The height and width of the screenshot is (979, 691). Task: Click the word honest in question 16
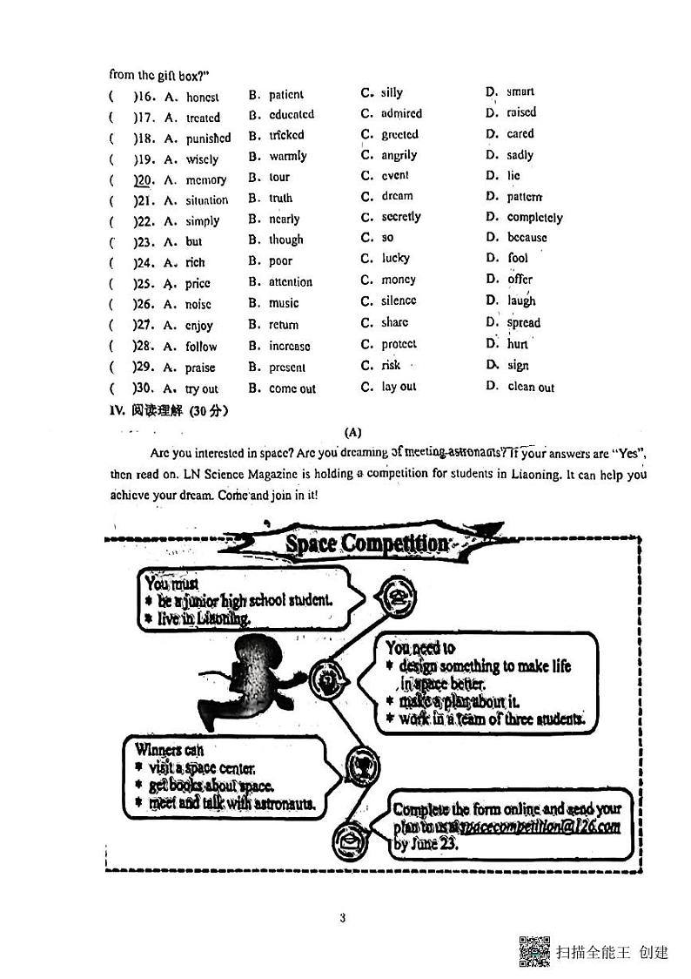point(202,98)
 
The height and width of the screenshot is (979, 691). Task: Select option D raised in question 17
point(521,112)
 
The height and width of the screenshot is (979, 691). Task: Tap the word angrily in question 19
point(399,155)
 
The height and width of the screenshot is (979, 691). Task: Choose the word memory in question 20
point(205,180)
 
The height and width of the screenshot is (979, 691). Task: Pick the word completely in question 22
point(534,218)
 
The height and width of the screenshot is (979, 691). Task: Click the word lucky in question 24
point(395,259)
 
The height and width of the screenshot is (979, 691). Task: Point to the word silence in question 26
point(399,300)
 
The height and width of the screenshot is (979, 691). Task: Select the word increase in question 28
point(289,346)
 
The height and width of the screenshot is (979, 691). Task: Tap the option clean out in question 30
point(531,387)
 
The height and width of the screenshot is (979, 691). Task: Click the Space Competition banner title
point(367,544)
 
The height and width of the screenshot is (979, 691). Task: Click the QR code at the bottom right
point(533,950)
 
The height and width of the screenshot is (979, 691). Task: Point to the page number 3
point(343,917)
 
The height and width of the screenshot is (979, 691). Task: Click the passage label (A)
point(352,432)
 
